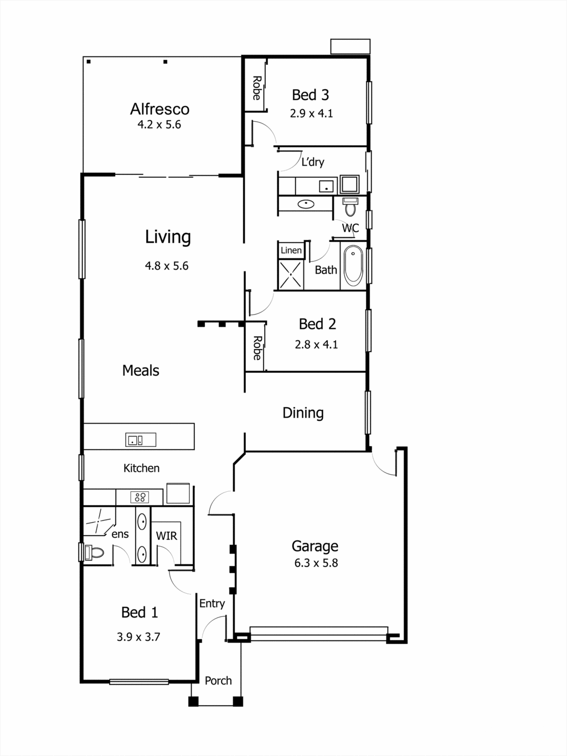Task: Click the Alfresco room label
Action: (159, 109)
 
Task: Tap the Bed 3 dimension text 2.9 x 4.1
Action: (311, 114)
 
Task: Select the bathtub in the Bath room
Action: (353, 265)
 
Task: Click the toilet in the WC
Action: (350, 207)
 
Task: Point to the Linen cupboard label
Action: (291, 250)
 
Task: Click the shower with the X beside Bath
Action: (291, 275)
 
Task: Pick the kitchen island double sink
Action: (141, 440)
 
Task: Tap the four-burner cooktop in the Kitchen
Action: (140, 497)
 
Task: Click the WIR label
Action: (166, 536)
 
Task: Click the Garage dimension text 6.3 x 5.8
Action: (316, 563)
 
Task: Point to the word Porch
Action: (218, 681)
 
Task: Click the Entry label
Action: (212, 604)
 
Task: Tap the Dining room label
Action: (303, 413)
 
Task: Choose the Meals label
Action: (141, 371)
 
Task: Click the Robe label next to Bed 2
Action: (257, 348)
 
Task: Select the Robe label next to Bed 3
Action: (257, 88)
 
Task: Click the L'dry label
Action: (313, 162)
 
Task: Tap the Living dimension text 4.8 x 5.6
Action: (167, 266)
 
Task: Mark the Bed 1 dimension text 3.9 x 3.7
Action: (138, 637)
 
